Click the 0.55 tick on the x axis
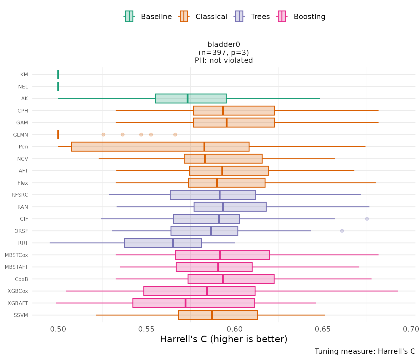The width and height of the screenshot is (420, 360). [x=146, y=329]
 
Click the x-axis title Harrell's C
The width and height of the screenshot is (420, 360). [x=223, y=339]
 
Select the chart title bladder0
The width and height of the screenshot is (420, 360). [x=224, y=45]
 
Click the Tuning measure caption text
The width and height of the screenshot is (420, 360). [x=365, y=351]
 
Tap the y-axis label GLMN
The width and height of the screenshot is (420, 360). [x=21, y=135]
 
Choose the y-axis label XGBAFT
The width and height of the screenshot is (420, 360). [x=18, y=303]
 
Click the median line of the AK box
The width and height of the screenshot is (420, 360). [x=187, y=98]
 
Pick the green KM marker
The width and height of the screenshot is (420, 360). [x=58, y=74]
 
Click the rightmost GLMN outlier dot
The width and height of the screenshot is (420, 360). [x=175, y=135]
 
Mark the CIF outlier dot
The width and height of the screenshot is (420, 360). [x=367, y=219]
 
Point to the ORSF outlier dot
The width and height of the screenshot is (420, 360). [x=342, y=231]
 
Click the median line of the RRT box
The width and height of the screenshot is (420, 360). [x=173, y=243]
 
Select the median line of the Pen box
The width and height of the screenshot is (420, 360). [x=204, y=147]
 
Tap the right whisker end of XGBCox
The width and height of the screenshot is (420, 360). [x=398, y=291]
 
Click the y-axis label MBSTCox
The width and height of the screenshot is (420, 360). [x=16, y=255]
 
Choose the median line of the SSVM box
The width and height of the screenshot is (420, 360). [x=212, y=315]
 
